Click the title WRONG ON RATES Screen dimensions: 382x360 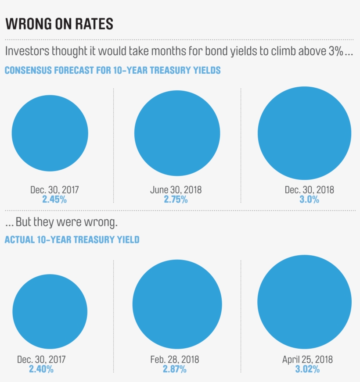point(59,24)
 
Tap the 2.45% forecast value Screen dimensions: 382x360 point(54,199)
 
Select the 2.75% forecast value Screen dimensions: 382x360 point(176,199)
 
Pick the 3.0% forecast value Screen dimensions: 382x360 point(309,199)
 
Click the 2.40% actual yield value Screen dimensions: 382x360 point(41,369)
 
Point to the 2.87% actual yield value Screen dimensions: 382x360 point(174,369)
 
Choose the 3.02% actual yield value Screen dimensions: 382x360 point(307,369)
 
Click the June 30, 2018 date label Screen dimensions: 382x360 point(176,190)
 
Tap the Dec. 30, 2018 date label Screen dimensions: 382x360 point(309,190)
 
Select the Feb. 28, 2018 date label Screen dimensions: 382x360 point(174,360)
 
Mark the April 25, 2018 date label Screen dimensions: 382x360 point(307,360)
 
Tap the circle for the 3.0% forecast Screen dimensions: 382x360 point(304,133)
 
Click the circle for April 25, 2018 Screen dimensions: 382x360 point(304,301)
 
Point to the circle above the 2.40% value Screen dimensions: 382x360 point(50,311)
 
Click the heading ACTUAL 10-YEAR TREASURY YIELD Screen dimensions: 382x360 point(72,239)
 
